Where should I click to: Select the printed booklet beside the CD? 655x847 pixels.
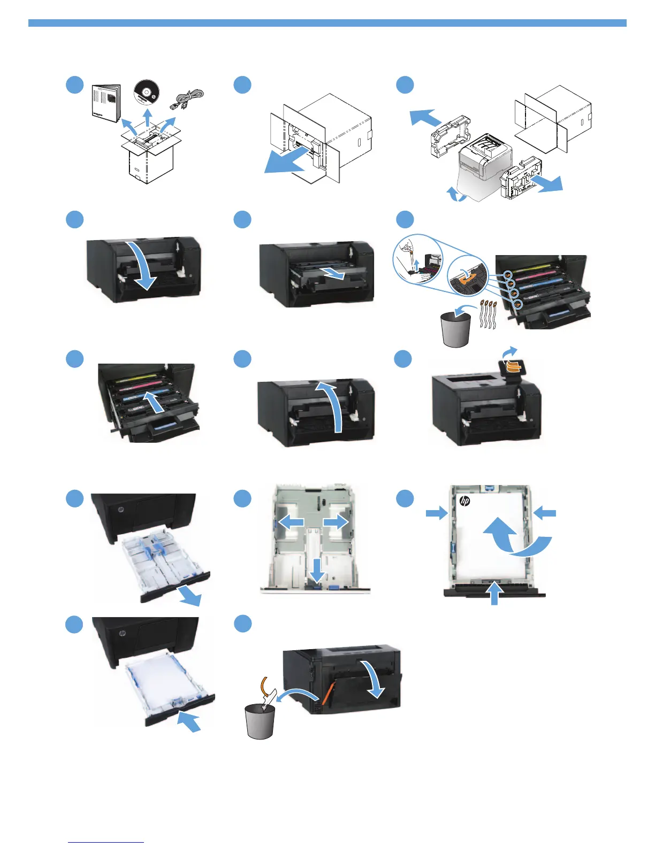[x=106, y=103]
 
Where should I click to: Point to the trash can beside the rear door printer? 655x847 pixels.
[x=260, y=721]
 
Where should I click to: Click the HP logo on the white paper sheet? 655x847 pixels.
[x=464, y=501]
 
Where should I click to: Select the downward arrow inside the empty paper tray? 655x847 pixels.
[x=317, y=570]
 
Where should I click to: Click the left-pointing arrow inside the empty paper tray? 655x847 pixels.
[x=291, y=522]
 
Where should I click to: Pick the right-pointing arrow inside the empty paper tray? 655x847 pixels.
[x=336, y=522]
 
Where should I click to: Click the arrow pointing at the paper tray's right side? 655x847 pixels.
[x=545, y=513]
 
